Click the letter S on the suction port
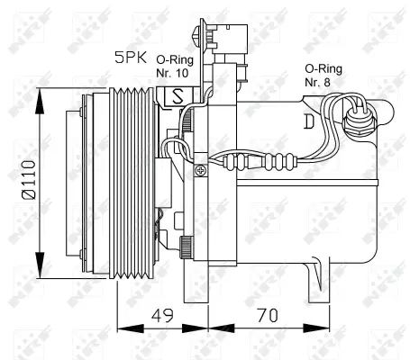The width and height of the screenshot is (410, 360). (178, 94)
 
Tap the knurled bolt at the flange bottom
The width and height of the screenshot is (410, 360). (185, 246)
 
